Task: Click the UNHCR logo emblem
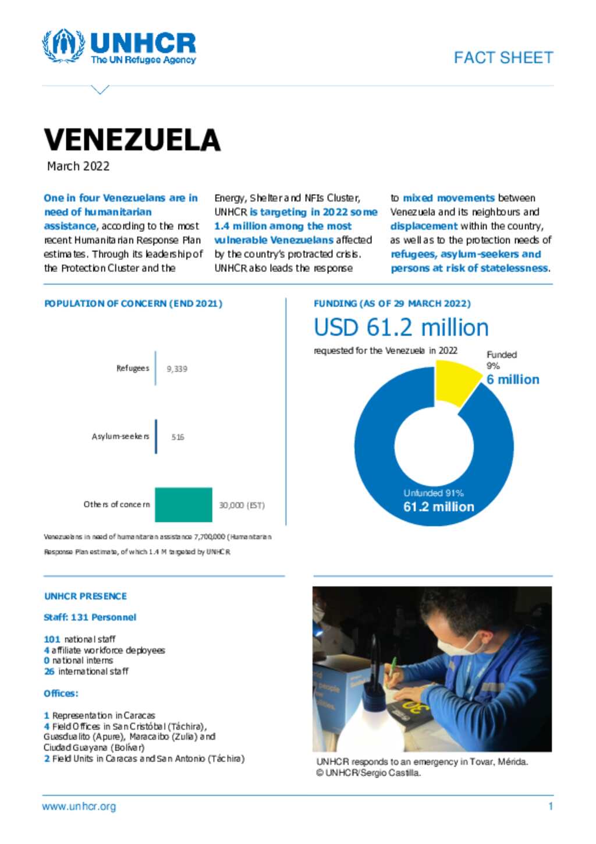pos(63,46)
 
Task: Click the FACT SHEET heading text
pos(503,58)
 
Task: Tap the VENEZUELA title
pos(132,140)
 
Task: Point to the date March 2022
pos(78,166)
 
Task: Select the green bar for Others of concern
pos(183,504)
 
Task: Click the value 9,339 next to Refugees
pos(177,369)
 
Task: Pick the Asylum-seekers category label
pos(120,436)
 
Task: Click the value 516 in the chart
pos(178,437)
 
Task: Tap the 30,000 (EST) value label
pos(242,505)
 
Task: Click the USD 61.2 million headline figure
pos(401,327)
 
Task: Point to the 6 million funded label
pos(513,380)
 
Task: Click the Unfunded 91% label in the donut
pos(434,493)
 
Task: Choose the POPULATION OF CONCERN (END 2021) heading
pos(133,303)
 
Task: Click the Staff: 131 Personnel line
pos(90,617)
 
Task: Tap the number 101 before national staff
pos(52,639)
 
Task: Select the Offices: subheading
pos(61,693)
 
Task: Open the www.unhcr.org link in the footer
pos(79,806)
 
